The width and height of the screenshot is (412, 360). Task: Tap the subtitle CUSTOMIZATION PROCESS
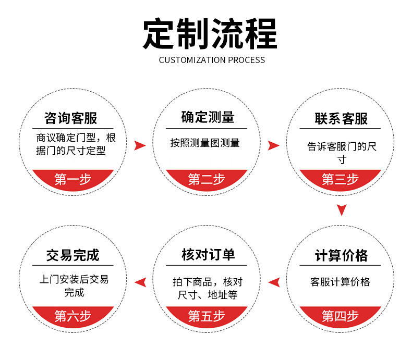pyautogui.click(x=212, y=60)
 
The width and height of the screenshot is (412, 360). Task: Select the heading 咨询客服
pyautogui.click(x=71, y=118)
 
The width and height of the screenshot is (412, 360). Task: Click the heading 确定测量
pyautogui.click(x=208, y=117)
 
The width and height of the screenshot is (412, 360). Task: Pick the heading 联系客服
pyautogui.click(x=341, y=118)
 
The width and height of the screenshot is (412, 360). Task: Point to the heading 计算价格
pyautogui.click(x=341, y=255)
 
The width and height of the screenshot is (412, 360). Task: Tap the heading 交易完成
pyautogui.click(x=72, y=255)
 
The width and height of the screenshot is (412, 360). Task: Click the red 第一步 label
pyautogui.click(x=72, y=179)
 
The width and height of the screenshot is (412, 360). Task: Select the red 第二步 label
pyautogui.click(x=207, y=179)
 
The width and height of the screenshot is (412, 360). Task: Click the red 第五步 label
pyautogui.click(x=207, y=316)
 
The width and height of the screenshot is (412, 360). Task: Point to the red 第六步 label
pyautogui.click(x=72, y=316)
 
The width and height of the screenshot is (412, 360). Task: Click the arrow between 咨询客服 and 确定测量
pyautogui.click(x=140, y=145)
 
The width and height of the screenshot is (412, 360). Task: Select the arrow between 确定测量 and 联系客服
pyautogui.click(x=274, y=145)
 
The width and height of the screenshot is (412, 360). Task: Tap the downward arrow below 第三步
pyautogui.click(x=341, y=210)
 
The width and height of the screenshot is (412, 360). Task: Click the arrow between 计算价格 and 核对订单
pyautogui.click(x=274, y=282)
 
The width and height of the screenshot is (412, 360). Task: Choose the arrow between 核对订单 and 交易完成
pyautogui.click(x=140, y=282)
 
